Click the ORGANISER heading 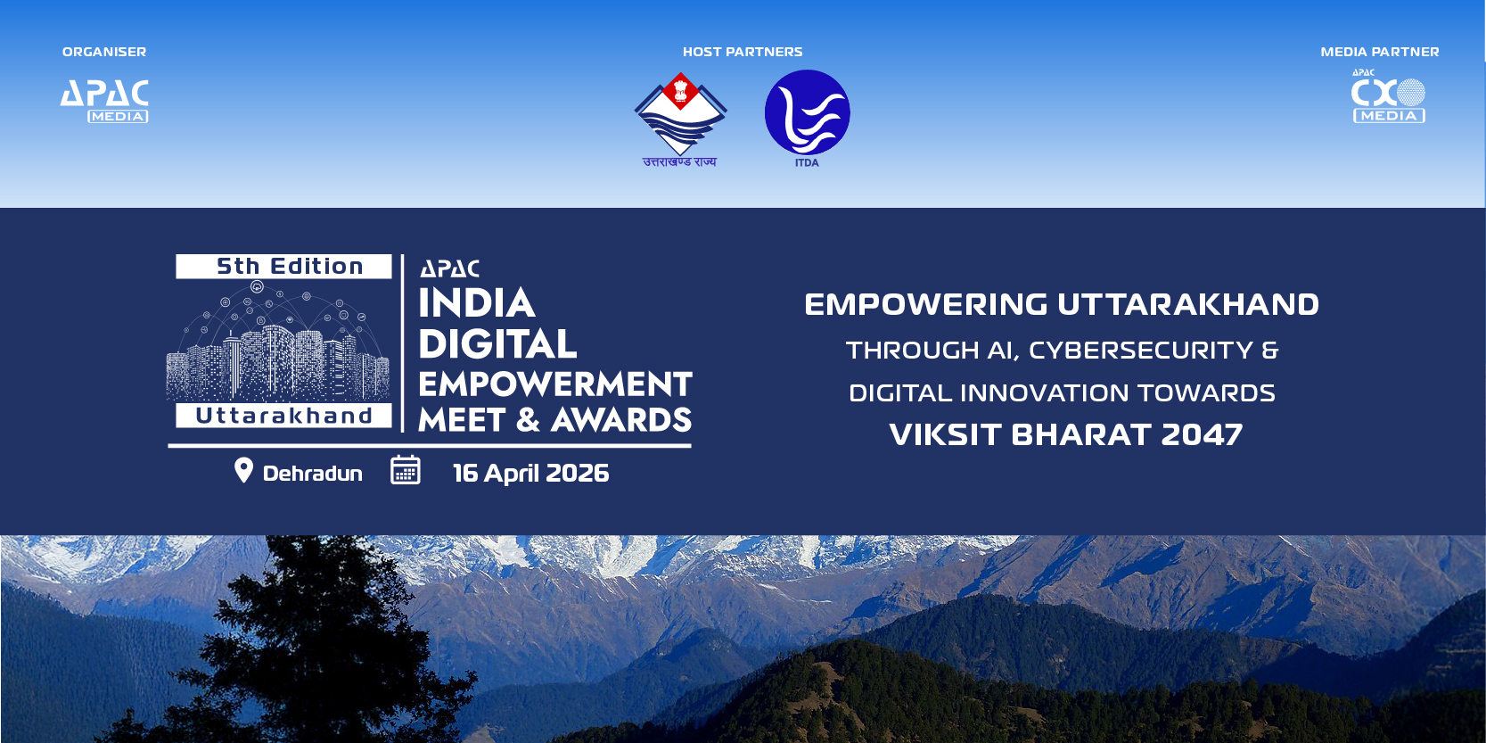click(x=104, y=52)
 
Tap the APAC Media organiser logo click(x=104, y=101)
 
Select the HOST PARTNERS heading click(x=743, y=52)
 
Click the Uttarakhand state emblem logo click(x=680, y=120)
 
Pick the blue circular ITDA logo click(x=807, y=113)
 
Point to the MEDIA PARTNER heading click(x=1380, y=52)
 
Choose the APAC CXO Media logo click(x=1389, y=97)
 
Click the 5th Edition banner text click(x=290, y=267)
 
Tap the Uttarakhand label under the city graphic click(x=284, y=416)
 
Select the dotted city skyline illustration click(x=277, y=341)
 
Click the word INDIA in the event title click(x=476, y=303)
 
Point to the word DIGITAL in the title click(x=497, y=344)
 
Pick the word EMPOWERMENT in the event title click(x=555, y=384)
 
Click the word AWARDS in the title click(x=621, y=419)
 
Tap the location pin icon click(x=243, y=471)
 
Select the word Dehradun click(x=313, y=474)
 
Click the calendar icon click(x=406, y=470)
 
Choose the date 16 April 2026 click(x=530, y=474)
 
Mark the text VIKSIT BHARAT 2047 click(x=1065, y=435)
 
